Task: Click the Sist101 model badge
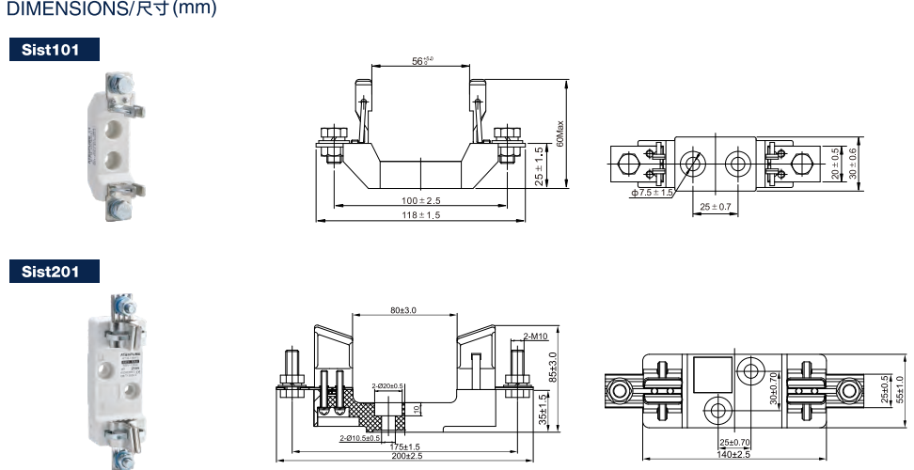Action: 53,50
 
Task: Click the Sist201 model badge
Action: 53,272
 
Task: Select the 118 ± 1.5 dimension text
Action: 420,215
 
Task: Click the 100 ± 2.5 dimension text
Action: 420,200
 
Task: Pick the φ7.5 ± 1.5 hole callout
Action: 652,192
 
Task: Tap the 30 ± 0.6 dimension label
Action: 853,164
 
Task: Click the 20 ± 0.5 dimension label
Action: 835,164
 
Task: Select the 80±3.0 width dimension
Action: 403,309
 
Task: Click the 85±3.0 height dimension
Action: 553,367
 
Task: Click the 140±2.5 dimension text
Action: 733,454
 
